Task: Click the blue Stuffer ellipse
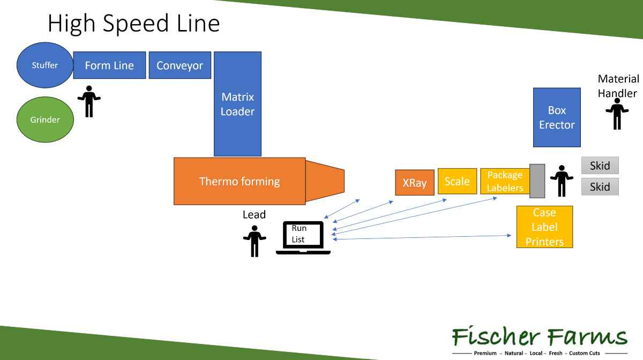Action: point(44,65)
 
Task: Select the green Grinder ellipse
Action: point(44,119)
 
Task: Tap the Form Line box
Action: point(109,65)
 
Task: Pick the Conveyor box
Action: point(180,65)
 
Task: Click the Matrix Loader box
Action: point(237,104)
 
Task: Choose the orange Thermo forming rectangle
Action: point(240,181)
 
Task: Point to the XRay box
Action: point(414,183)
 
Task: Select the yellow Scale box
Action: point(457,181)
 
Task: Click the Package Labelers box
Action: point(505,181)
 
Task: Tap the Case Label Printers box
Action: point(544,227)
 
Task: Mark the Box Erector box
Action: point(557,117)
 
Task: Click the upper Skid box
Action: point(600,166)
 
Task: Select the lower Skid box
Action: point(600,187)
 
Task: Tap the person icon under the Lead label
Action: point(255,241)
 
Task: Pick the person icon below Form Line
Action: point(89,101)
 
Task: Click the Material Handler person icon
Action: point(617,114)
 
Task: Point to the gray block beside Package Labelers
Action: point(537,181)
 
